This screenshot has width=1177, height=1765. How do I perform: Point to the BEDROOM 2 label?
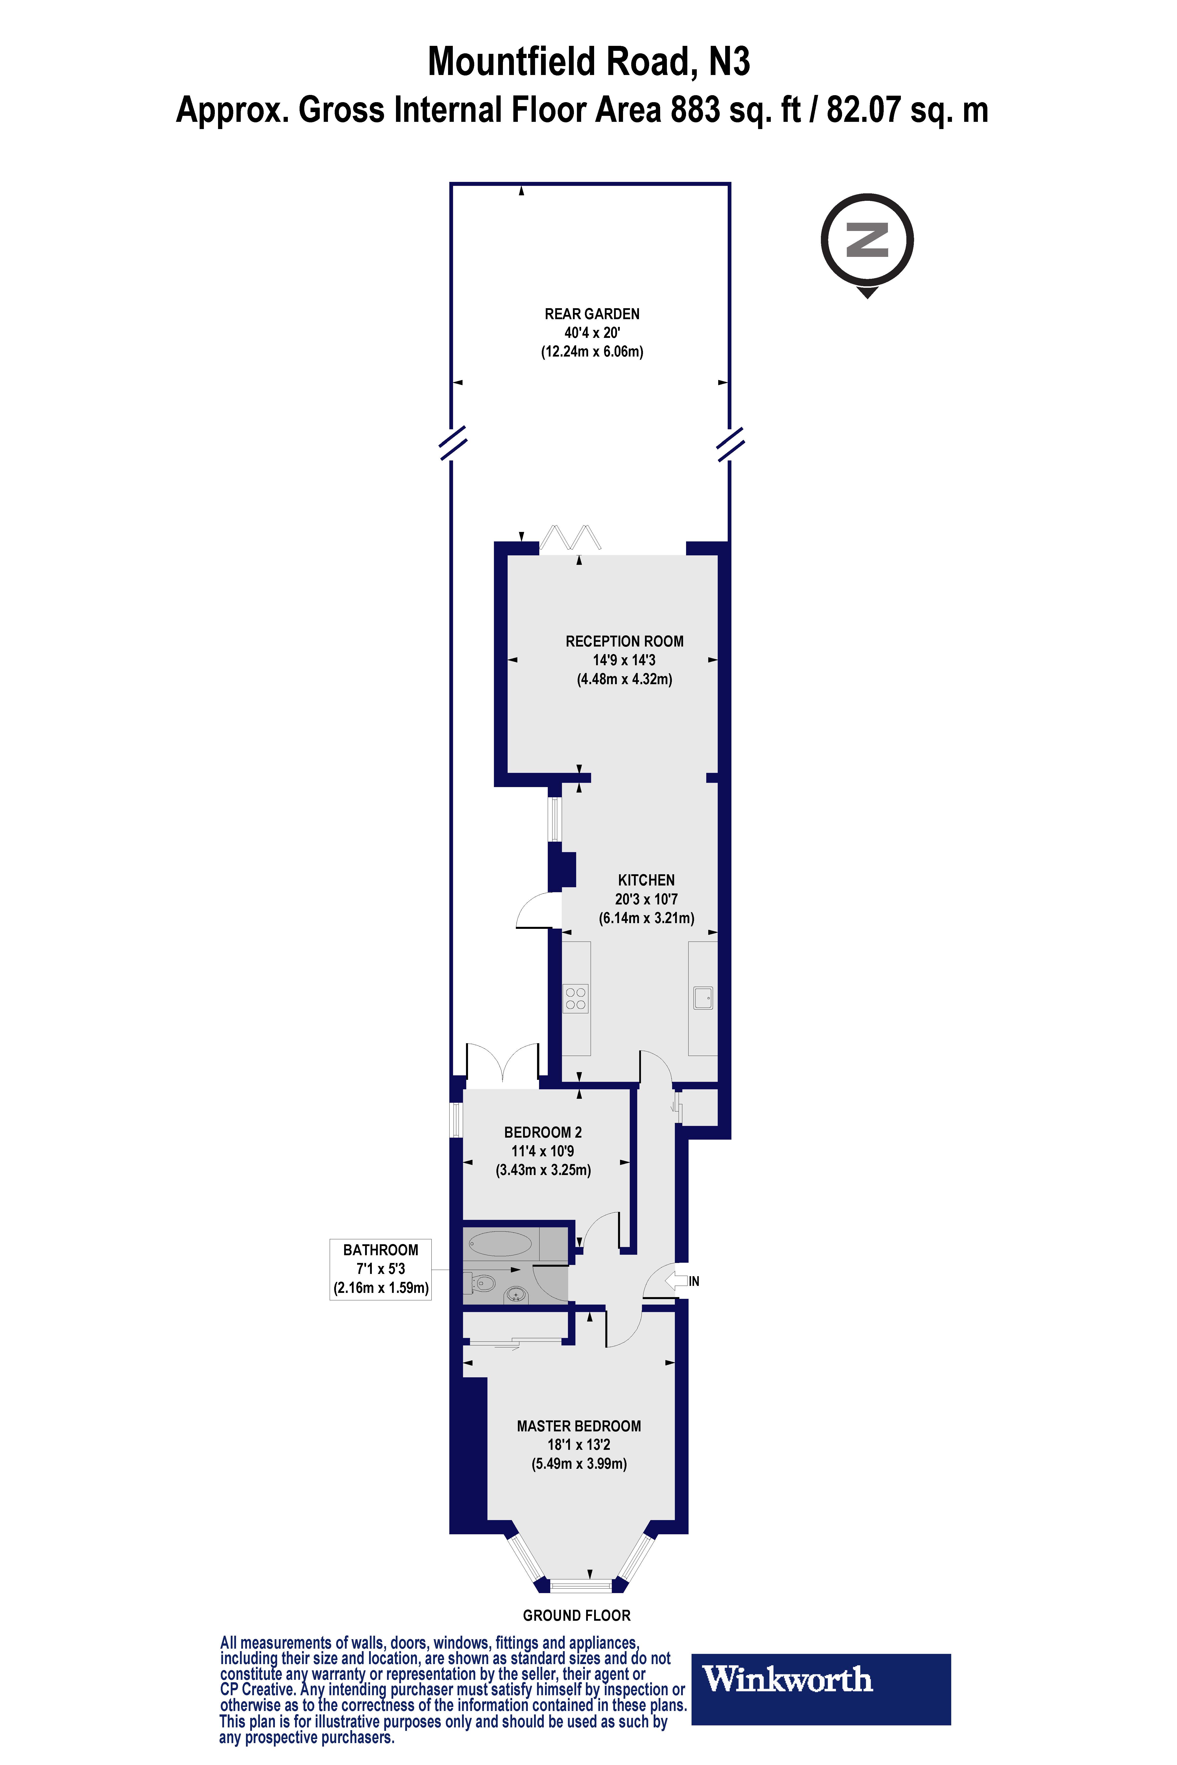(x=543, y=1132)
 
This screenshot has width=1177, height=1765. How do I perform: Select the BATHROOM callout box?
(x=381, y=1269)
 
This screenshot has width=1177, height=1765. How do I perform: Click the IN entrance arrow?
(x=682, y=1281)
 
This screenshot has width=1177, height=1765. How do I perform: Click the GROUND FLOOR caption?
(x=576, y=1616)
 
